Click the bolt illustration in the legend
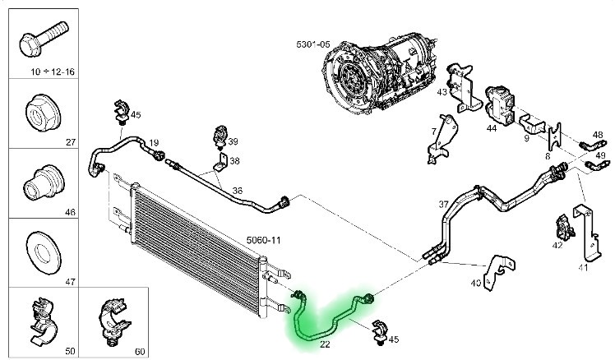pyautogui.click(x=41, y=39)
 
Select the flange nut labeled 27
pyautogui.click(x=41, y=108)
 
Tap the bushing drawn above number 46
pyautogui.click(x=41, y=179)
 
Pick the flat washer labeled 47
pyautogui.click(x=41, y=248)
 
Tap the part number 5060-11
pyautogui.click(x=263, y=240)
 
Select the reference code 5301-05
pyautogui.click(x=312, y=43)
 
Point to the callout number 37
pyautogui.click(x=443, y=205)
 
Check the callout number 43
pyautogui.click(x=442, y=92)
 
